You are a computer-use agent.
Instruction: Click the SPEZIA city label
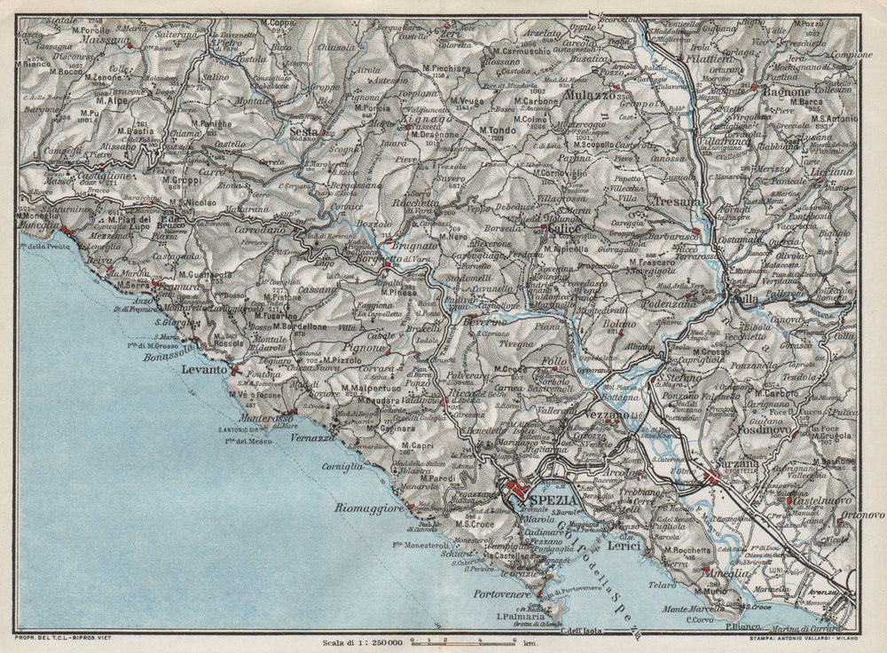pos(552,500)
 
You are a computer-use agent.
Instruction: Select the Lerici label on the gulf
pos(626,549)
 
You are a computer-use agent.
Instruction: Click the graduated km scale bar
pos(454,639)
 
